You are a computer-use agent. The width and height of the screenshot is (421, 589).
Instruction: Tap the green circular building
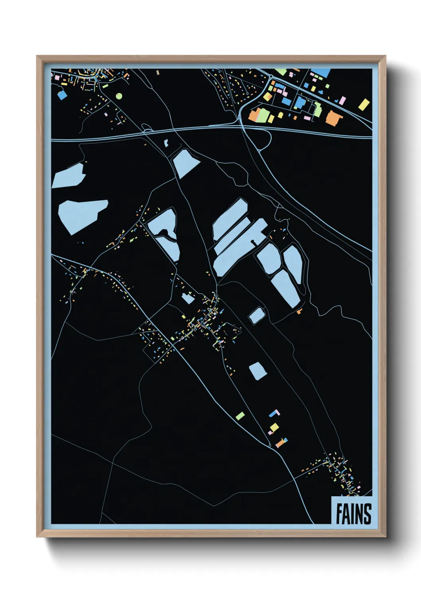click(119, 96)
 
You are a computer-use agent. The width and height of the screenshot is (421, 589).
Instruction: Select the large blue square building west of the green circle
click(62, 95)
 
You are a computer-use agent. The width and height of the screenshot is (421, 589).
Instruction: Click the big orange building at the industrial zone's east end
click(333, 117)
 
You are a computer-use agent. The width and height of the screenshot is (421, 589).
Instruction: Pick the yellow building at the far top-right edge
click(364, 105)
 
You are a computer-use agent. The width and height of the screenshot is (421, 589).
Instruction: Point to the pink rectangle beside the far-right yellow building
click(342, 100)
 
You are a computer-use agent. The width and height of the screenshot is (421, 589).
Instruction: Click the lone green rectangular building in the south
click(240, 416)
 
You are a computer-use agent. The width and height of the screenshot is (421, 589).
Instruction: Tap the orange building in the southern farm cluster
click(281, 443)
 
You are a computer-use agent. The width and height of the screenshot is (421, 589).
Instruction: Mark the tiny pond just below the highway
click(166, 142)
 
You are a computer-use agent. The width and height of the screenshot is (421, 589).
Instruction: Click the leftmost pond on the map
click(68, 176)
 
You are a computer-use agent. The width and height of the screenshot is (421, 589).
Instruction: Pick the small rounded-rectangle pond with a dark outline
click(257, 316)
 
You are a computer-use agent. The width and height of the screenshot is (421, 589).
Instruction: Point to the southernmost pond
click(257, 371)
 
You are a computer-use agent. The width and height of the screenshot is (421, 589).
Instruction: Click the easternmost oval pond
click(293, 264)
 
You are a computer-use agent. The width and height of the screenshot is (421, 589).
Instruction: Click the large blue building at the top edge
click(321, 73)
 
